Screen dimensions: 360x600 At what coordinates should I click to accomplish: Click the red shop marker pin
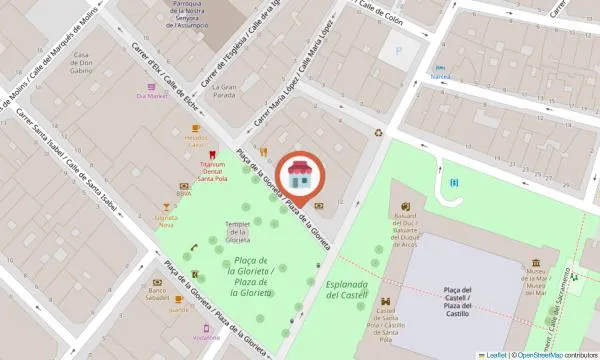coord(299,178)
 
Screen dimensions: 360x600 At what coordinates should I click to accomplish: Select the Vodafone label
coord(208,338)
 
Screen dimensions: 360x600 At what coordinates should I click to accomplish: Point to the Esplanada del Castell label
coord(348,290)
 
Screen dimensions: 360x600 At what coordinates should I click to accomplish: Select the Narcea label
coord(440,76)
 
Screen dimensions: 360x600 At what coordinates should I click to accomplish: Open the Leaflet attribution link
coord(495,354)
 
